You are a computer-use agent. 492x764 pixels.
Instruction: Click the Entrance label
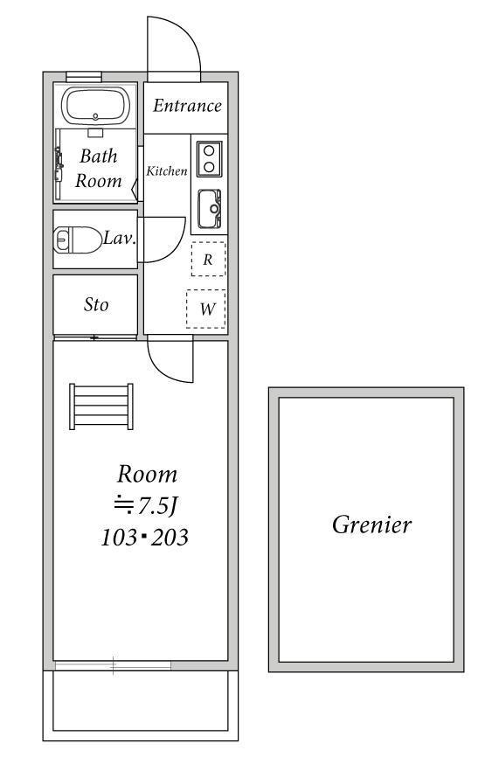pos(187,105)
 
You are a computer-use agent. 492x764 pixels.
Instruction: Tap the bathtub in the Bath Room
pos(95,105)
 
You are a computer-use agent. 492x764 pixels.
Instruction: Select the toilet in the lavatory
pos(78,240)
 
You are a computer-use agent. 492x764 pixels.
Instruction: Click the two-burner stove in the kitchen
pos(210,159)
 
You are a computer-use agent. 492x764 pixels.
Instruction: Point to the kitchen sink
pos(210,209)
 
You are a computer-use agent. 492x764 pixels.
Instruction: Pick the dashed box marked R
pos(209,260)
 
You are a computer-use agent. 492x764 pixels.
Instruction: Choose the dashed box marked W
pos(206,309)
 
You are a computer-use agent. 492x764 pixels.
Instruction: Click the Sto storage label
pos(96,304)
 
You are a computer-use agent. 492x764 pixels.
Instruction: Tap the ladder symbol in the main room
pos(101,406)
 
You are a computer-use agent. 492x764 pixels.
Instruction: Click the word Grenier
pos(371,524)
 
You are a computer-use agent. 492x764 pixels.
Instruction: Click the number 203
pos(170,538)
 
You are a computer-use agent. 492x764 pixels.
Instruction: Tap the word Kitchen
pos(167,171)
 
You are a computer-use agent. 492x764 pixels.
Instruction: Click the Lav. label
pos(120,239)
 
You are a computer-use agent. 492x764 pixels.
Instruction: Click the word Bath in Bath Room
pos(99,156)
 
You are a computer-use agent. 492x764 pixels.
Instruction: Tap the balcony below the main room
pos(141,705)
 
